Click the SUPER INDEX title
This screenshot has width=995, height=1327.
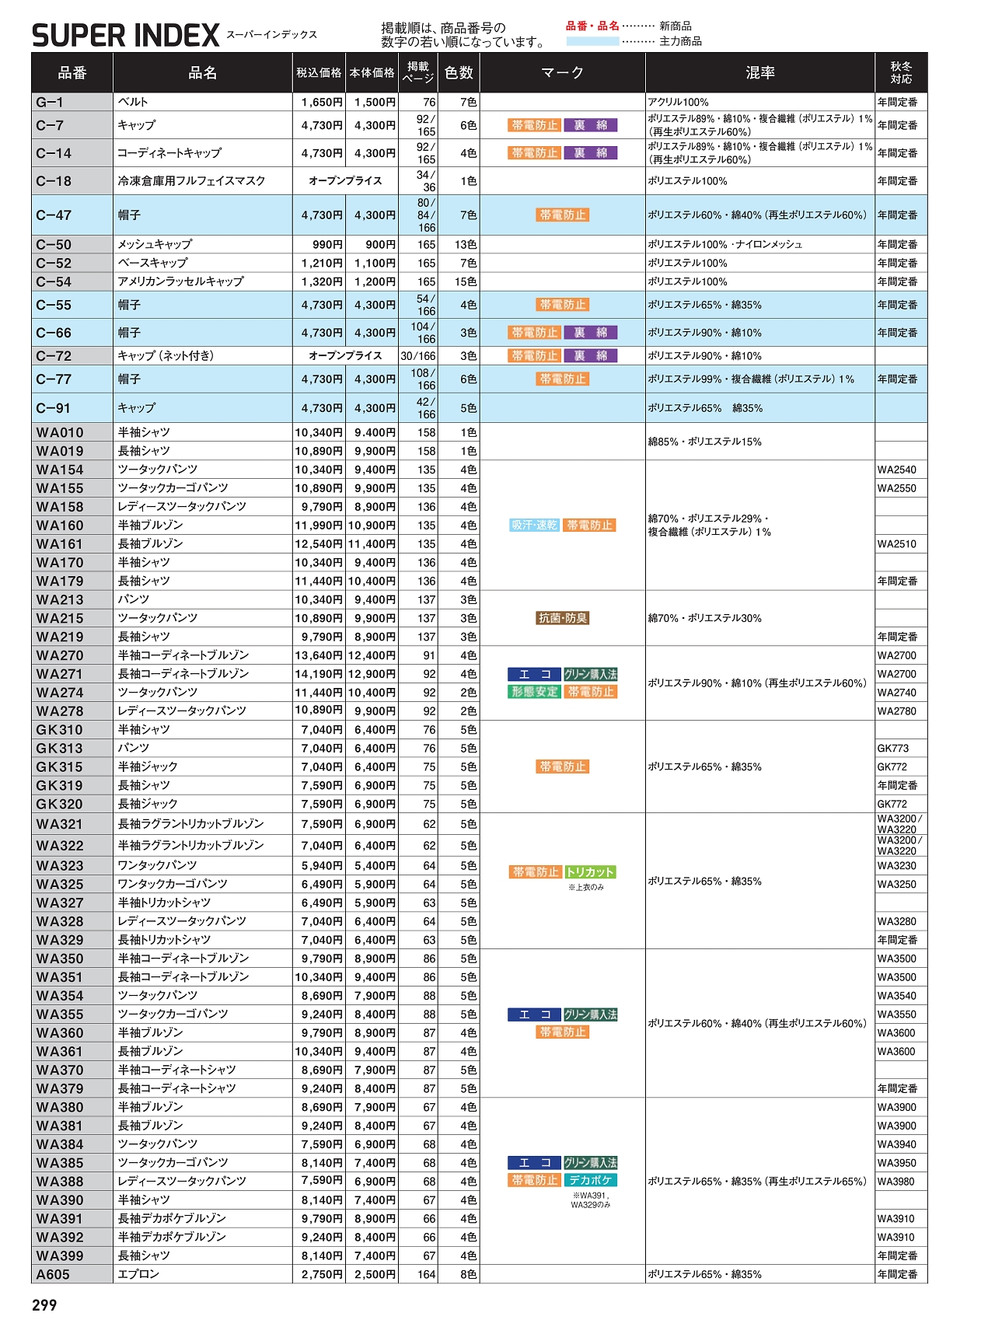point(126,36)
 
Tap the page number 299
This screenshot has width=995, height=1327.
point(44,1305)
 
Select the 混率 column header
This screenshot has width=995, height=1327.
point(759,73)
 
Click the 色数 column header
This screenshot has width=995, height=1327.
point(459,73)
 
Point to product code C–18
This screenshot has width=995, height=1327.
point(54,181)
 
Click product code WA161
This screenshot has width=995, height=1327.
point(59,544)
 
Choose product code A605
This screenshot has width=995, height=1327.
point(53,1274)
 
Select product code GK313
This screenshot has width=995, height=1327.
point(59,749)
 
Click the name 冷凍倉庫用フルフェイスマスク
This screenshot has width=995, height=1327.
point(191,181)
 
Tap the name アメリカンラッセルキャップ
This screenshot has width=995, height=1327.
point(180,281)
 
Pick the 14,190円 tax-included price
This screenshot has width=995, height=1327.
point(319,674)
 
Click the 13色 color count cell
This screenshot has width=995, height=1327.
point(466,245)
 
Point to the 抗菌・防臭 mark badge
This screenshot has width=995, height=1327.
point(563,618)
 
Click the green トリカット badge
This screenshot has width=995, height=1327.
point(590,872)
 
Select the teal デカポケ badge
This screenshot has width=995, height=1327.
point(590,1180)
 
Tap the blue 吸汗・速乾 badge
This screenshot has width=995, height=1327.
point(534,526)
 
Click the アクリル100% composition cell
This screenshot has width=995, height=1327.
point(678,102)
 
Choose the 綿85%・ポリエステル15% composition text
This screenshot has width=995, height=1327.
point(704,442)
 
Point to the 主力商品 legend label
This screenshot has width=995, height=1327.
point(680,41)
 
